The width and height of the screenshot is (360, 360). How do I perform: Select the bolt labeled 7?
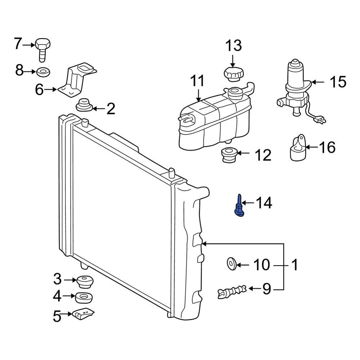(x=42, y=49)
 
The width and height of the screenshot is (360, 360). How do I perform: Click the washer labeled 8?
(x=43, y=72)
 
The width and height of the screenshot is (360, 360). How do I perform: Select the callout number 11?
(x=197, y=81)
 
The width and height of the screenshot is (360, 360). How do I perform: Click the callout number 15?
(x=337, y=82)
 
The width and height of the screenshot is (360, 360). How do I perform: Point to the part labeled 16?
(x=297, y=148)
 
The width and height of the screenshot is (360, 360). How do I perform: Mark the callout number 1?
(x=294, y=265)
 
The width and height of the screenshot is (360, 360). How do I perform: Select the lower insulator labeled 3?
(x=85, y=281)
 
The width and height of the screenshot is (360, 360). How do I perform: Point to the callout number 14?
(x=264, y=203)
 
